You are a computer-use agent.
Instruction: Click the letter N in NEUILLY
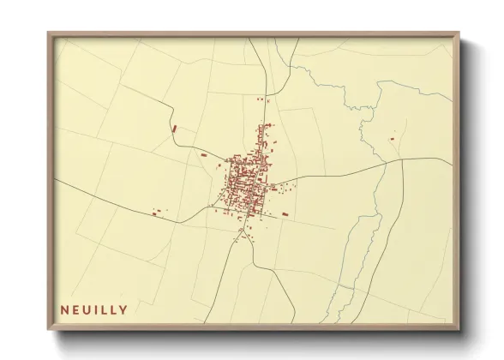64,310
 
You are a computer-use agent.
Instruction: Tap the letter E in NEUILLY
76,310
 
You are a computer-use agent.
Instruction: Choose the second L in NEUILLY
116,310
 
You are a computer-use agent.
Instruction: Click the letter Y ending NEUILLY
125,310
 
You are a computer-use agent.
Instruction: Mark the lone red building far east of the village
393,136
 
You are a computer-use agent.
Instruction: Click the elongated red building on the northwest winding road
174,129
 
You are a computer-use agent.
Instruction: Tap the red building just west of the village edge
204,154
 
